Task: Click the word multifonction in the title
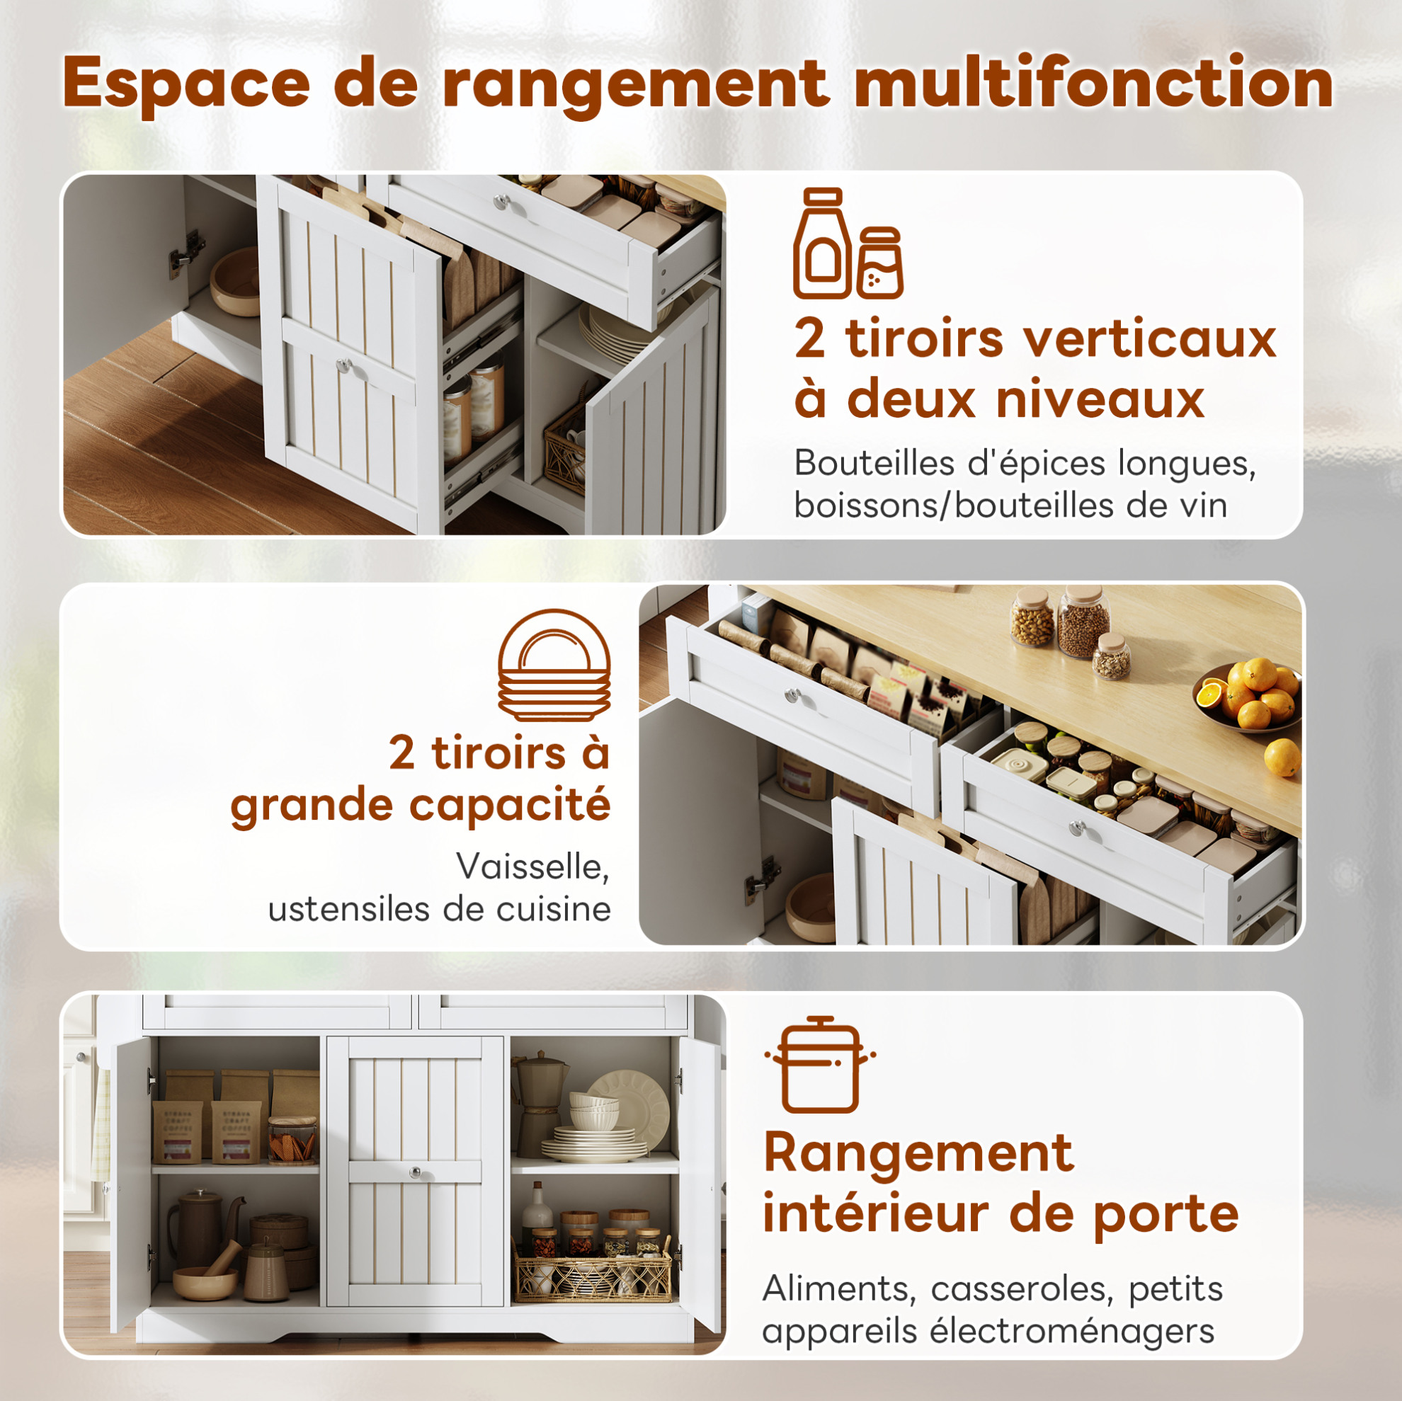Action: (1093, 84)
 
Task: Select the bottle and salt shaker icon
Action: (848, 243)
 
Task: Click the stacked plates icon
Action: (554, 665)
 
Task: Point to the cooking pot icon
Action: (820, 1064)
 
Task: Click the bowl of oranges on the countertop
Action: (1248, 697)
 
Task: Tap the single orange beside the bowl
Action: (1282, 757)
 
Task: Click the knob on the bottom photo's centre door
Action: (415, 1172)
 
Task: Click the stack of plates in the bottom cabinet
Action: (593, 1143)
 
